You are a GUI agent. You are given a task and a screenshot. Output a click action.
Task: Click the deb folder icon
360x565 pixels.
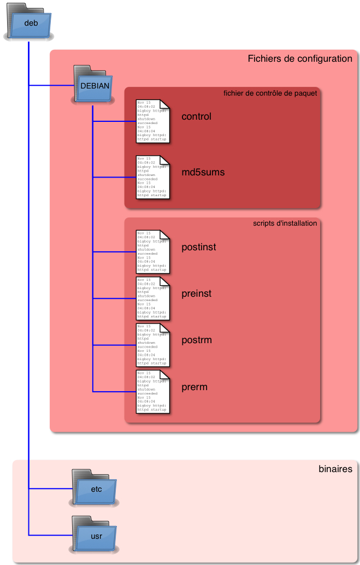pos(29,22)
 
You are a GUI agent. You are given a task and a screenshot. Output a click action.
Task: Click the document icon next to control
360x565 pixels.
pos(153,121)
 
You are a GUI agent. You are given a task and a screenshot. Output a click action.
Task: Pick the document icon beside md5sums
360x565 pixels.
pos(153,176)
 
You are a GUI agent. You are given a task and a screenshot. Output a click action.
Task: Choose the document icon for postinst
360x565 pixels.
pos(153,251)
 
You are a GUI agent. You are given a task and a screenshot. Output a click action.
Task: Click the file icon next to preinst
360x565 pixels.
pos(153,298)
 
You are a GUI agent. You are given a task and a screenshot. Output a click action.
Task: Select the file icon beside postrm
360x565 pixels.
pos(153,345)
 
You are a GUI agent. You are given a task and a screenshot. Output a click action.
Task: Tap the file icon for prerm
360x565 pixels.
pos(153,391)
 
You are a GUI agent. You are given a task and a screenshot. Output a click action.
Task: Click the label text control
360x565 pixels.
pos(196,116)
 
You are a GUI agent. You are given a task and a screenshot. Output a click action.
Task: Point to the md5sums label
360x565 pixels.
pos(203,173)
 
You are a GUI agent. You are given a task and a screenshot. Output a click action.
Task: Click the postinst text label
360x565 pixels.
pos(198,247)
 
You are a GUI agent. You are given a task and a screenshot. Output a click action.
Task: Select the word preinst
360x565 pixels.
pos(196,294)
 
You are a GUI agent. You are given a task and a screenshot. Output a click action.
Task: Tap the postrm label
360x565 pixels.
pos(196,340)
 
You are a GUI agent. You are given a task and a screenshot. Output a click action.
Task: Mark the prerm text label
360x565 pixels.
pos(194,387)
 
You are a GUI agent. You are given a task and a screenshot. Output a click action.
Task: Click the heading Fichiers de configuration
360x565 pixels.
pos(300,58)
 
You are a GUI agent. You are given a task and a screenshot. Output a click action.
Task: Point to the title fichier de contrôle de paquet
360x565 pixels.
pos(270,93)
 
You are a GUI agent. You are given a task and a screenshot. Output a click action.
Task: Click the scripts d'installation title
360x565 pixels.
pos(285,223)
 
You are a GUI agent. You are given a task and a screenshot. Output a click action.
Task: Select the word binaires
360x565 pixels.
pos(335,469)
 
